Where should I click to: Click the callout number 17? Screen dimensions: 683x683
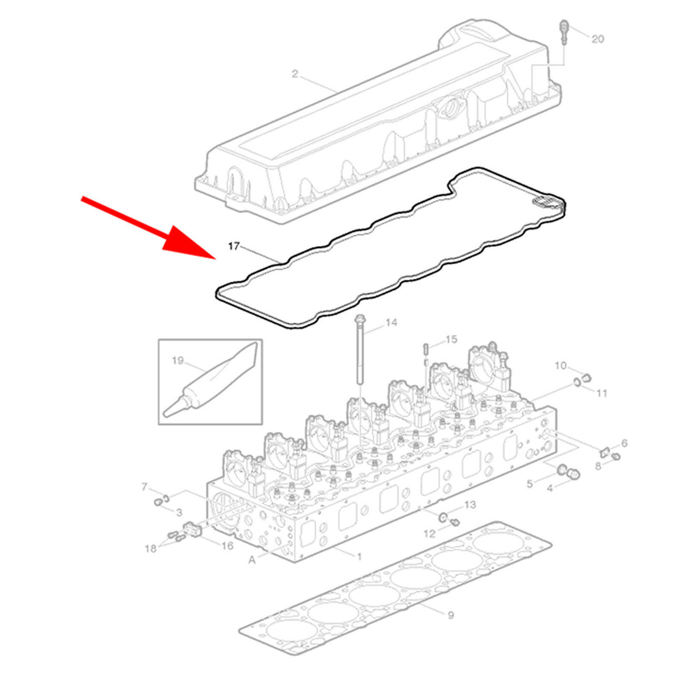(x=234, y=247)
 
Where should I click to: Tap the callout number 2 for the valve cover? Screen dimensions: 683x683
(x=295, y=74)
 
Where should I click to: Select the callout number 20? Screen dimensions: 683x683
(x=598, y=39)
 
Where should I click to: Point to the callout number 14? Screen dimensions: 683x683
(x=391, y=323)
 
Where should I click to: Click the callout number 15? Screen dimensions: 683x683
(x=452, y=339)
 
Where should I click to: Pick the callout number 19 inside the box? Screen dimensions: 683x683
(x=177, y=361)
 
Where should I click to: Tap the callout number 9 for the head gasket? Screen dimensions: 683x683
(x=451, y=615)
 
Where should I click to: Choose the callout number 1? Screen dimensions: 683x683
(x=360, y=557)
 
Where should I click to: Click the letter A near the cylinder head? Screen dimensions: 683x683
(x=251, y=560)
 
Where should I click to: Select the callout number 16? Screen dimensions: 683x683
(x=227, y=546)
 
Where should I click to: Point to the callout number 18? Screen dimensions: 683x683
(x=151, y=549)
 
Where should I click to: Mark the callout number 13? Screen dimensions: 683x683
(x=470, y=505)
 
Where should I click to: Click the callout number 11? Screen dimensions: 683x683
(x=602, y=394)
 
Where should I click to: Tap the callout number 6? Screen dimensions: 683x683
(x=624, y=444)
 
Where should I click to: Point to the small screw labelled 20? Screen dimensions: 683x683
(x=564, y=31)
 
